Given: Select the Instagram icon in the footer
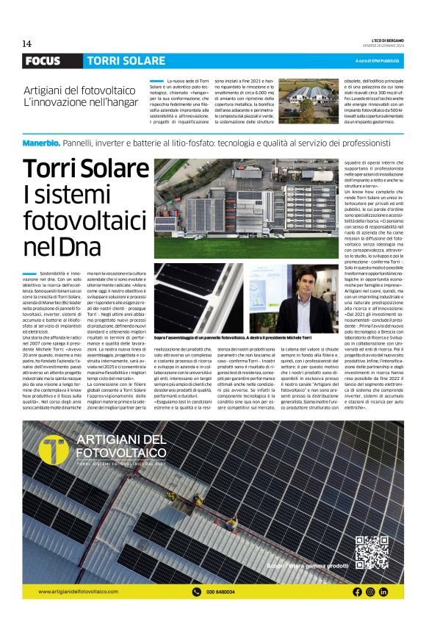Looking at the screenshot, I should point(370,592).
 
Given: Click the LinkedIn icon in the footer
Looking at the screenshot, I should point(383,592).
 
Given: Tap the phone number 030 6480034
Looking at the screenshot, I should point(222,592).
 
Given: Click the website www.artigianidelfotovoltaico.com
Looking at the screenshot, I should point(78,592).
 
